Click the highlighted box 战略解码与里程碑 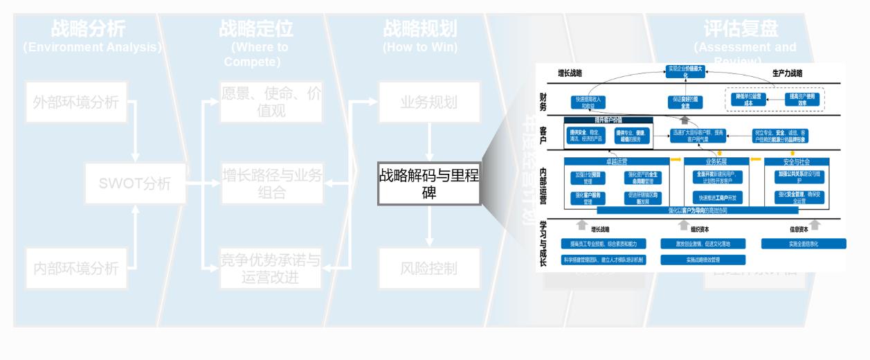tap(429, 183)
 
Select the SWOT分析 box tap(136, 184)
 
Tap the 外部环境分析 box tap(76, 103)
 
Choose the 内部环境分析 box tap(76, 268)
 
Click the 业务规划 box tap(429, 103)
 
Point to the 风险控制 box tap(429, 268)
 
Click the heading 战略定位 tap(256, 28)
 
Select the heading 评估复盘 tap(741, 28)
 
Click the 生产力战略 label tap(788, 73)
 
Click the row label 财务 tap(543, 101)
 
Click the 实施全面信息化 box tap(803, 244)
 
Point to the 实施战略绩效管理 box tap(703, 260)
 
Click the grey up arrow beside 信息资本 tap(815, 225)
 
